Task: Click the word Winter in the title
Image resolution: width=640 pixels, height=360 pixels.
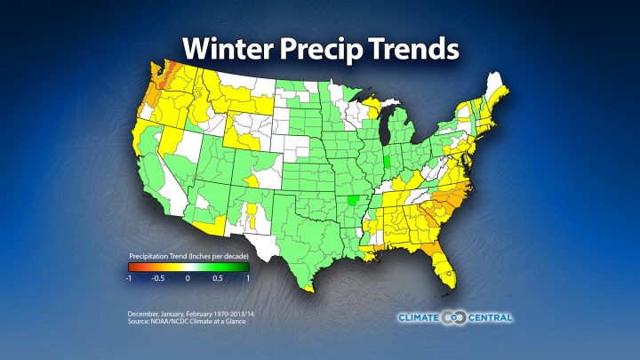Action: coord(226,49)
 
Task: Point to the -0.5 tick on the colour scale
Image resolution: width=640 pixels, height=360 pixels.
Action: coord(156,278)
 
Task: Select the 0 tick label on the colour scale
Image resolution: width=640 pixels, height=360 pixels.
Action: coord(188,278)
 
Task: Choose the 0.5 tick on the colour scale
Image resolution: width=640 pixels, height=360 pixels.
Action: coord(219,278)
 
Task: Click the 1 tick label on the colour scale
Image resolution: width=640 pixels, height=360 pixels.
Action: coord(248,278)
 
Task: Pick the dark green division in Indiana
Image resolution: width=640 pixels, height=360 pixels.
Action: coord(392,165)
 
